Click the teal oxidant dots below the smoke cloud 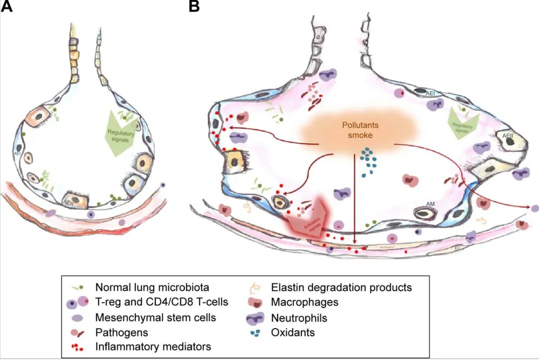click(x=369, y=161)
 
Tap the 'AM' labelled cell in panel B click(x=427, y=212)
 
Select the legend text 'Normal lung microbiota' click(x=145, y=288)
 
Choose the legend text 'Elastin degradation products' click(x=341, y=288)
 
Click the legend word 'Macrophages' click(x=304, y=302)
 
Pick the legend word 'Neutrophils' click(x=299, y=317)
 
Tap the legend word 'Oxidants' click(x=293, y=332)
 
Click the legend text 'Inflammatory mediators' click(x=153, y=347)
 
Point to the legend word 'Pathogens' click(x=118, y=332)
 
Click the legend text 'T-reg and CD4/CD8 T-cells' click(x=161, y=302)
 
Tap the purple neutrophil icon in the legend click(x=259, y=317)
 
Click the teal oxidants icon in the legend click(x=258, y=332)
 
